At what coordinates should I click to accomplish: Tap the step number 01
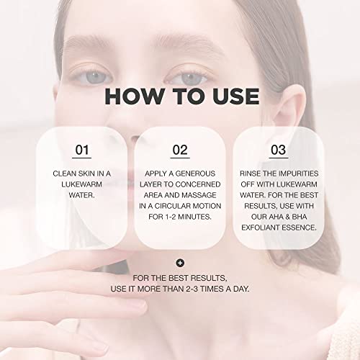(x=82, y=150)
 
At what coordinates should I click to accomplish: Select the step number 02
(x=180, y=150)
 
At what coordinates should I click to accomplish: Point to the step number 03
(x=279, y=150)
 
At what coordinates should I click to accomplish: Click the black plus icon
(x=180, y=263)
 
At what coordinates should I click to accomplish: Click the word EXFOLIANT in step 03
(x=261, y=228)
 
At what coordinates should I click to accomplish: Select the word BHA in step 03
(x=300, y=217)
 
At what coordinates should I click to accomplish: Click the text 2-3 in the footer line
(x=192, y=289)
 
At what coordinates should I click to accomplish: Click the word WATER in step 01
(x=81, y=195)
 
